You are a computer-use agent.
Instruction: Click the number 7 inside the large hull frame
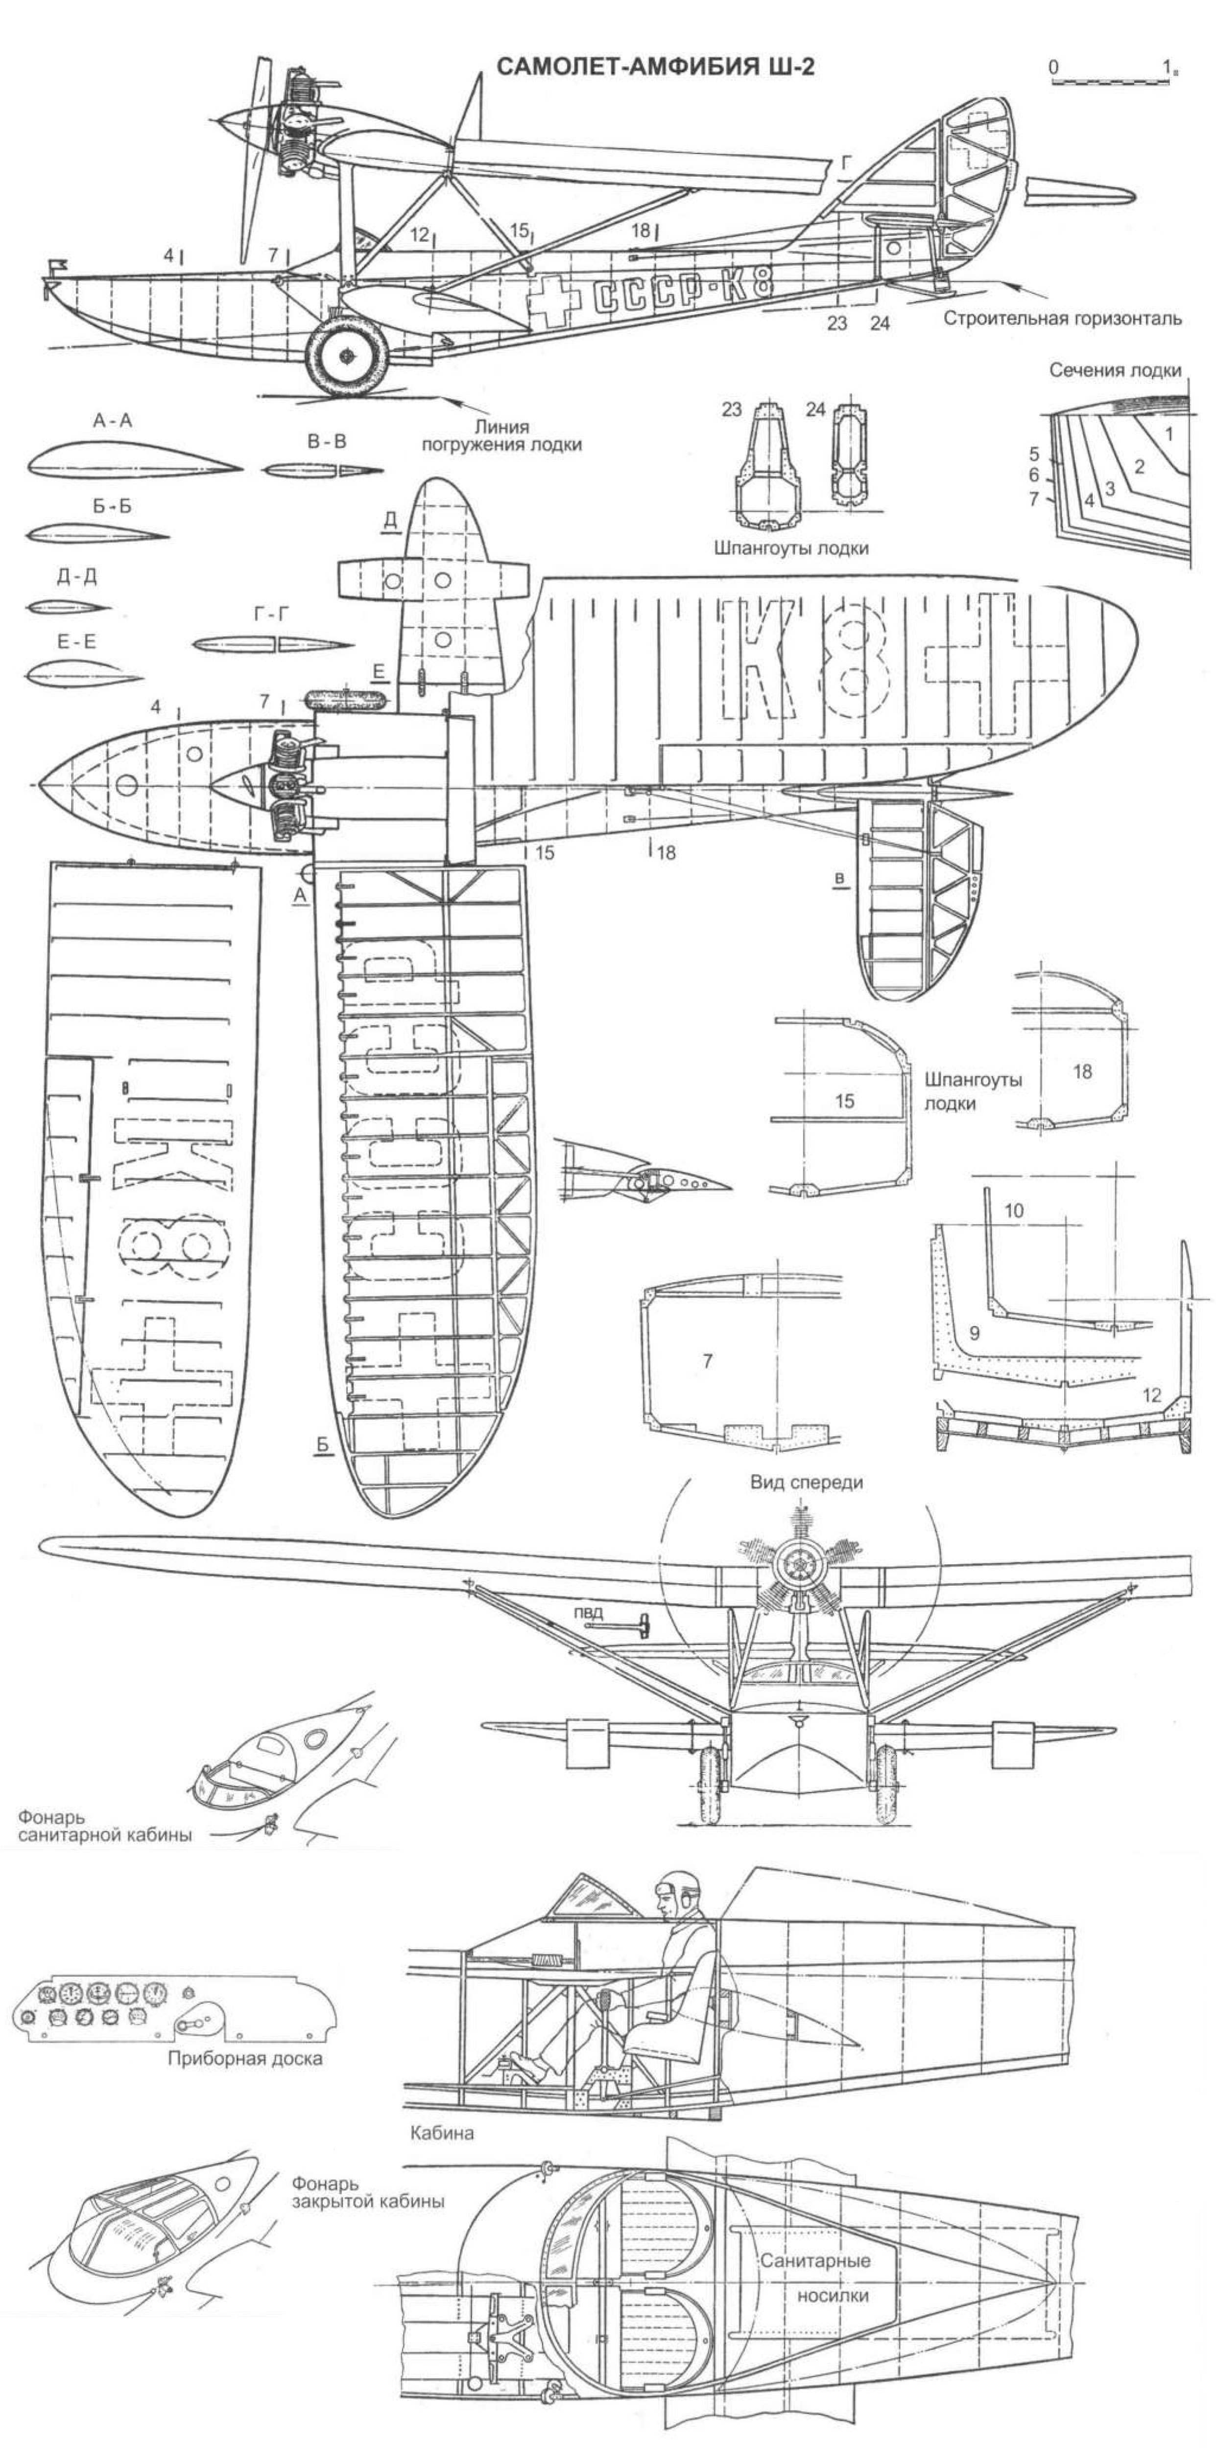tap(706, 1361)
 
